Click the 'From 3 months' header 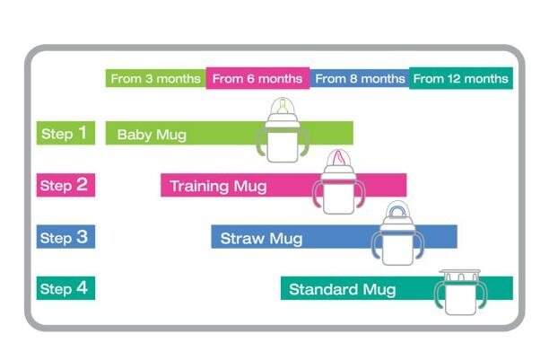point(156,78)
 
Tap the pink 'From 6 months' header point(257,78)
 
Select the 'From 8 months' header point(360,78)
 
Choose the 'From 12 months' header point(461,78)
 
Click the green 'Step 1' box point(65,133)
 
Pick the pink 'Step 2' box point(65,185)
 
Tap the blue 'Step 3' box point(65,236)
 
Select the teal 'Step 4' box point(65,288)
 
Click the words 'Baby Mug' point(152,135)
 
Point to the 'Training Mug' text point(219,186)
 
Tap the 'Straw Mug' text point(262,238)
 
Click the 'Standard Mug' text point(343,289)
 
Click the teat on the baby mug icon point(283,107)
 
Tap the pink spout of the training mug point(339,157)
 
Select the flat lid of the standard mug point(460,272)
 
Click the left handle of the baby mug point(261,142)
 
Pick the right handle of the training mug point(360,194)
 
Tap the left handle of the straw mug point(377,245)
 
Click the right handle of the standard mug point(482,295)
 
